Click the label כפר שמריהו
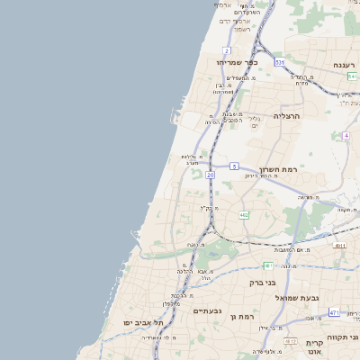click(x=237, y=62)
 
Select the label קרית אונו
click(x=313, y=347)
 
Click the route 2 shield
click(x=228, y=50)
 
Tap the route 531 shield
click(x=280, y=62)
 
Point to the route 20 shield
click(x=210, y=175)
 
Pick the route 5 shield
click(x=234, y=166)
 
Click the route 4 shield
click(x=346, y=135)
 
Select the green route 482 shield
click(x=244, y=215)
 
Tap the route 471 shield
click(x=334, y=312)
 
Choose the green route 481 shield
click(x=268, y=265)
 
